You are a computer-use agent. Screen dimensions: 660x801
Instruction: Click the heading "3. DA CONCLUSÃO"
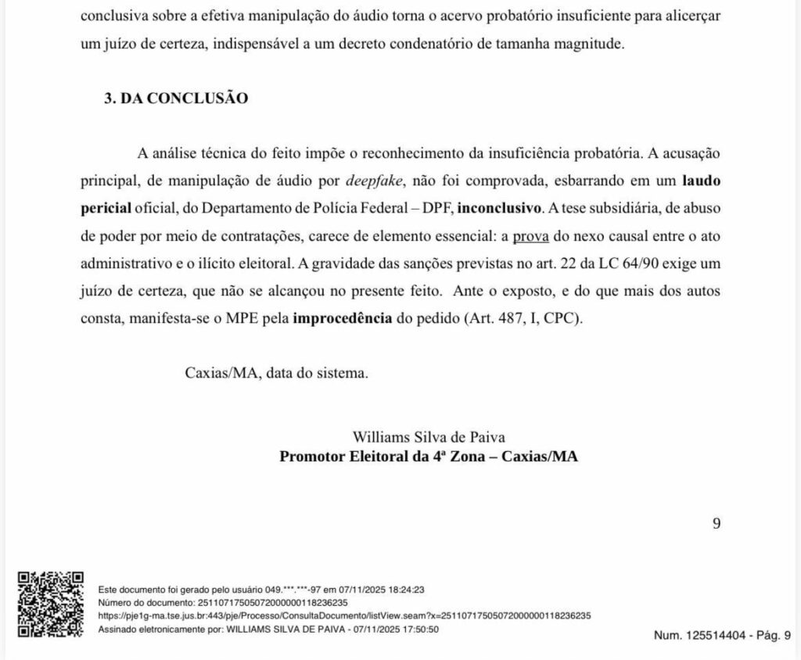(x=176, y=99)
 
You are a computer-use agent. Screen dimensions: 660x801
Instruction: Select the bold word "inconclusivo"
(x=499, y=208)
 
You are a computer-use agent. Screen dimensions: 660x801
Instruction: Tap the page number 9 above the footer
(x=716, y=523)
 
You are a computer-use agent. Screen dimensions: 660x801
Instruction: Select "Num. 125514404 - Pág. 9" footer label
(x=722, y=636)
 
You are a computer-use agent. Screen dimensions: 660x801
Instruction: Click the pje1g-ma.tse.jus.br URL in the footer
(x=344, y=615)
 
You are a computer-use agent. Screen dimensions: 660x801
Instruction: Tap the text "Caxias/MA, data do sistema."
(x=276, y=373)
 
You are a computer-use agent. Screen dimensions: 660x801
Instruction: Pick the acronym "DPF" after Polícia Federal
(x=433, y=208)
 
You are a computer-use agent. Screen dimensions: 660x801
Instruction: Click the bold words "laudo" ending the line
(x=701, y=181)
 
